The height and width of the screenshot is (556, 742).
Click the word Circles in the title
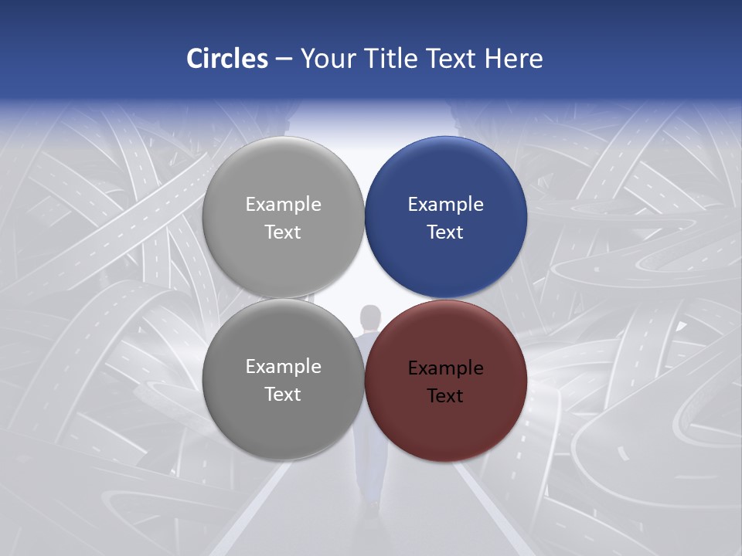pyautogui.click(x=226, y=59)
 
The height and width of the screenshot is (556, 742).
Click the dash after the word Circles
pyautogui.click(x=284, y=59)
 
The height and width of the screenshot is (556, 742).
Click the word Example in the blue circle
pyautogui.click(x=445, y=205)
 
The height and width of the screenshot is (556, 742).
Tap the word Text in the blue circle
pyautogui.click(x=445, y=232)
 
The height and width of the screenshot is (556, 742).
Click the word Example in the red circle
pyautogui.click(x=445, y=368)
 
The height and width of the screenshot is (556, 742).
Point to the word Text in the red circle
pyautogui.click(x=445, y=396)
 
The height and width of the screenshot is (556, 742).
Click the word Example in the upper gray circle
pyautogui.click(x=283, y=205)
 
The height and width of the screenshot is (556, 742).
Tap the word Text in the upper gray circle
pyautogui.click(x=283, y=232)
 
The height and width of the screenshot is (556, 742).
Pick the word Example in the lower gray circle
pyautogui.click(x=283, y=367)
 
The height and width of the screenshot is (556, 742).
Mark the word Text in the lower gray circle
pyautogui.click(x=283, y=395)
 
